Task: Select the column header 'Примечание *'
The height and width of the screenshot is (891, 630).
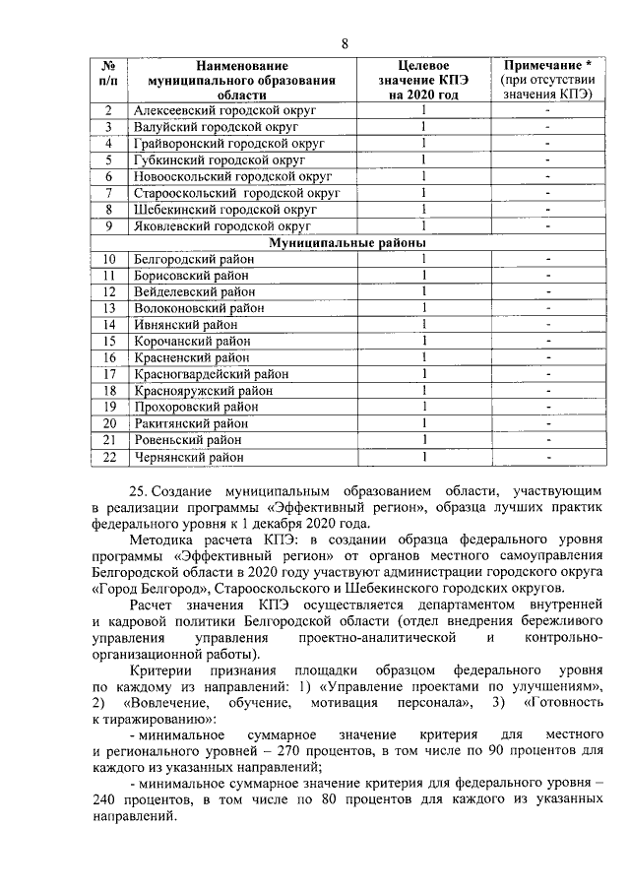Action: point(546,64)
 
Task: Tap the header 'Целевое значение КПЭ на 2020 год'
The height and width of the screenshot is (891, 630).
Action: point(421,79)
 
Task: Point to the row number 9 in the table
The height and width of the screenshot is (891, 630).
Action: point(108,225)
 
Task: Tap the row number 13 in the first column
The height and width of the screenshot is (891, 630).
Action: point(109,308)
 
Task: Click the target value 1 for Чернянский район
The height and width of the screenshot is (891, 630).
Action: point(422,457)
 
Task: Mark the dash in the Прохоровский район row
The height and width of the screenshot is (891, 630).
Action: point(547,408)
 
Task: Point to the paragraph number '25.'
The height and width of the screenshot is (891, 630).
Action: point(139,490)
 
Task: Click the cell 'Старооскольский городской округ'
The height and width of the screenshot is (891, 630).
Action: point(236,193)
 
